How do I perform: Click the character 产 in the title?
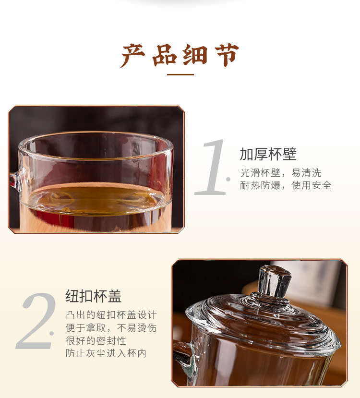[x=133, y=56]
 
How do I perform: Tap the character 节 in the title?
[x=224, y=56]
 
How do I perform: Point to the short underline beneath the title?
[x=180, y=74]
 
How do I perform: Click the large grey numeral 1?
[x=212, y=167]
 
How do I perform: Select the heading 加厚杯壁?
[x=268, y=154]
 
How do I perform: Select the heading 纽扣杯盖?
[x=93, y=296]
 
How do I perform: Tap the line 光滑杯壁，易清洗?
[x=281, y=173]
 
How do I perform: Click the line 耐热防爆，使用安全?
[x=286, y=185]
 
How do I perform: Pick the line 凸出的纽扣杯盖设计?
[x=111, y=315]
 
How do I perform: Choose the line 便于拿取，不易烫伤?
[x=111, y=328]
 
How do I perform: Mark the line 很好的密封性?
[x=96, y=340]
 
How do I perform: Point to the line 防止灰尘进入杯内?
[x=106, y=353]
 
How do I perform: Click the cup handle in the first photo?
[x=14, y=180]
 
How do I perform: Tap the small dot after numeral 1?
[x=228, y=180]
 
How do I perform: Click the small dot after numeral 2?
[x=52, y=333]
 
